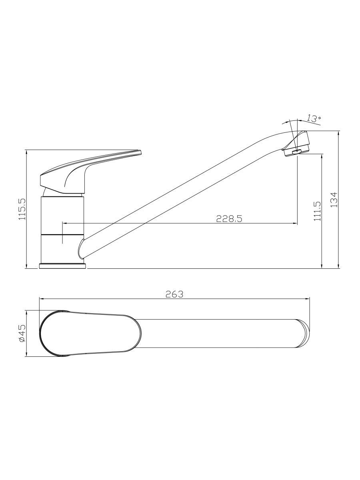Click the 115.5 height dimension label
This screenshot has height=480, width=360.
(x=22, y=209)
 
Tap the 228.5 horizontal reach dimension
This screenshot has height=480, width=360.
(x=229, y=219)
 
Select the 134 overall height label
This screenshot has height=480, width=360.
(x=334, y=200)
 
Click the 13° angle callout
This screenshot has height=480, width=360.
(x=314, y=119)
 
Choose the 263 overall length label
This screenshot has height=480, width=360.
(x=174, y=294)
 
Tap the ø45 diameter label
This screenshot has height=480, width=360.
(x=22, y=334)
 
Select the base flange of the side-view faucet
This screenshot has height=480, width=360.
(x=62, y=266)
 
